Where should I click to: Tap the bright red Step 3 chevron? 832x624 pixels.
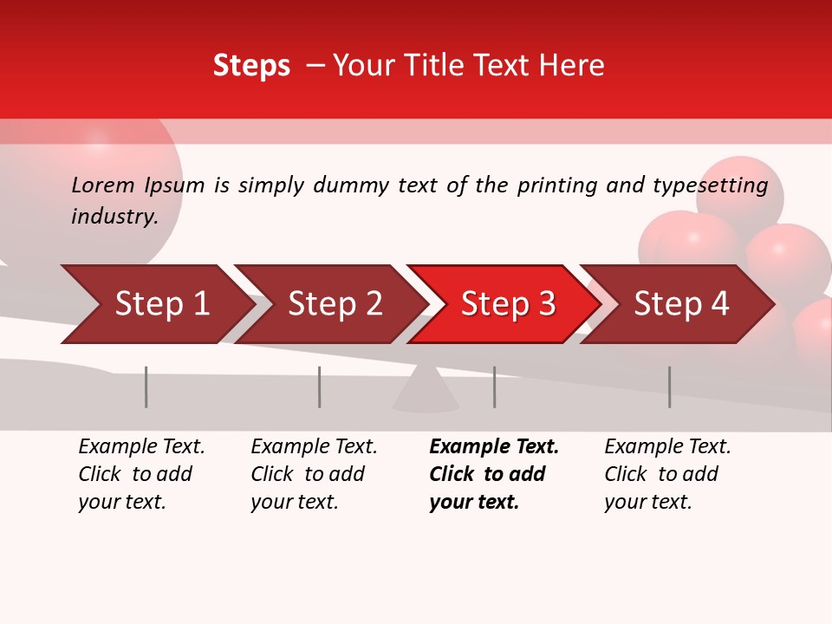[505, 304]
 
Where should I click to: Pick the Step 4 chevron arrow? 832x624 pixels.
[679, 304]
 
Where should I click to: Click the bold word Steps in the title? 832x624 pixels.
[251, 65]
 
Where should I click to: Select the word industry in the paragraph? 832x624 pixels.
[114, 216]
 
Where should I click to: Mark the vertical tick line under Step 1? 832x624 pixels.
[146, 387]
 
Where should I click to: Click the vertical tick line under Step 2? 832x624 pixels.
[320, 387]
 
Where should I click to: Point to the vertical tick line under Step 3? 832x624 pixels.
[494, 387]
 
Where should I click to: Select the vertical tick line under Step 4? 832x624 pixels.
[669, 387]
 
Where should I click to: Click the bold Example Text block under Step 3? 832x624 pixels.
[494, 474]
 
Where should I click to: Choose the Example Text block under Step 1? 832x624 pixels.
[141, 474]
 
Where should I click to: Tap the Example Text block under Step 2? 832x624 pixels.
[314, 474]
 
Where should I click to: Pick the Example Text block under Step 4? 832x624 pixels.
[667, 474]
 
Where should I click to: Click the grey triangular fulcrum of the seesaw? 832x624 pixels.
[426, 392]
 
